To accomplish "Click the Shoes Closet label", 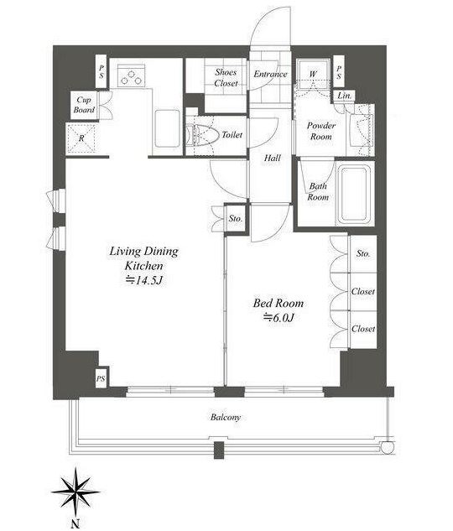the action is click(x=226, y=77).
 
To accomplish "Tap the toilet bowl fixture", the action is click(x=199, y=135).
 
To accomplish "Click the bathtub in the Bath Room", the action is click(x=354, y=193).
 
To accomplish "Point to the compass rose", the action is click(x=75, y=492).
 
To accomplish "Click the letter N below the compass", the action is click(x=75, y=523).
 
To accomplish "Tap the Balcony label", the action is click(x=226, y=417).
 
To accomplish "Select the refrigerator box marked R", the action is click(x=81, y=138).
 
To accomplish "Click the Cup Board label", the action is click(x=84, y=105).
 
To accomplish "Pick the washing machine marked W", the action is click(x=313, y=74).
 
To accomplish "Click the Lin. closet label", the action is click(x=344, y=96).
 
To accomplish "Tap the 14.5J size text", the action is click(x=145, y=280).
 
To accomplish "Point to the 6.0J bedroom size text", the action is click(x=279, y=317).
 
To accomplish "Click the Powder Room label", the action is click(x=321, y=131).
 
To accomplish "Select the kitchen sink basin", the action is click(x=167, y=128).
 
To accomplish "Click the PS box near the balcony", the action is click(x=101, y=378).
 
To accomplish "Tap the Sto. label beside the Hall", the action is click(x=235, y=218).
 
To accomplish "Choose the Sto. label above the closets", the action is click(x=363, y=253).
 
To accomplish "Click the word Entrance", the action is click(x=270, y=74).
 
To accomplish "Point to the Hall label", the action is click(x=272, y=158).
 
